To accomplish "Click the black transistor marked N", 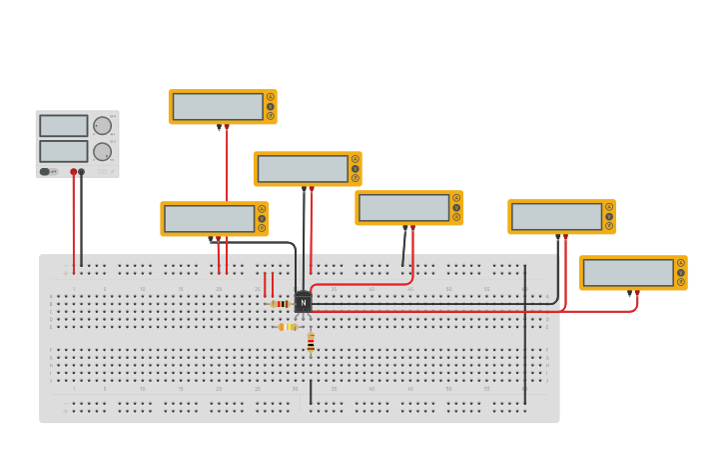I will point(303,302).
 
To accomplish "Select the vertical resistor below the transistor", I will point(311,342).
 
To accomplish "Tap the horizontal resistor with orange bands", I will point(287,327).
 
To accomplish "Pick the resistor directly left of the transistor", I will point(281,304).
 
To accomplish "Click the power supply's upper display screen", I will point(64,125).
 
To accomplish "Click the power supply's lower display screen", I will point(64,151).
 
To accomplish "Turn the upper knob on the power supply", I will point(102,126).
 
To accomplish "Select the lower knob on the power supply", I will point(102,151).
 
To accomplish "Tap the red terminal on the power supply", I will point(73,172).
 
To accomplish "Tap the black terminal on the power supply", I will point(82,172).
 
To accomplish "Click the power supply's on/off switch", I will point(46,171).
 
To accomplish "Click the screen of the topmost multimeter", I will point(218,106).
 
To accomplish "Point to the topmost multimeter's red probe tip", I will point(227,127).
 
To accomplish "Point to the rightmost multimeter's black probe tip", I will point(629,294).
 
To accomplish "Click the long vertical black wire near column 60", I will point(525,330).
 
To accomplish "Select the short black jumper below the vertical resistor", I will point(311,391).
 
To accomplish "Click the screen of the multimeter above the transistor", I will point(303,168).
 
